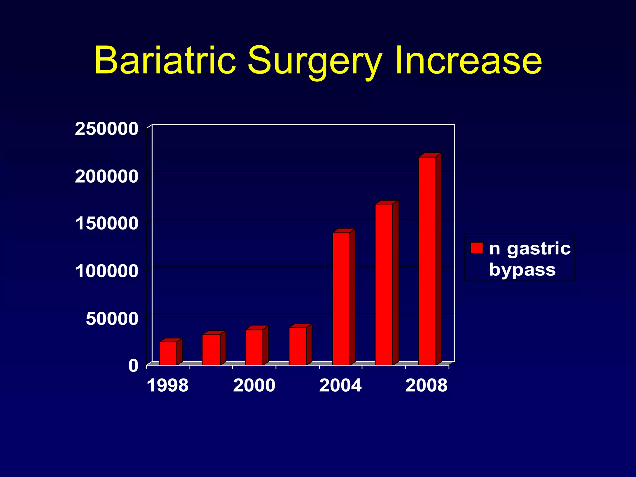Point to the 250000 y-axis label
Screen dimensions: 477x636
pos(107,129)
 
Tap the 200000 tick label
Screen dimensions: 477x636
pos(107,177)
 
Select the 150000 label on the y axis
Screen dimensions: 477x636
pos(107,224)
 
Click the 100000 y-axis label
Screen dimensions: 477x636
pos(107,271)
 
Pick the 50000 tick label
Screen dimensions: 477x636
pos(112,319)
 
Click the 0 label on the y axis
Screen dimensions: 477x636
pos(133,366)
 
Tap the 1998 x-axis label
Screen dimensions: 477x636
pos(167,385)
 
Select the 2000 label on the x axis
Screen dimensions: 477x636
pos(254,385)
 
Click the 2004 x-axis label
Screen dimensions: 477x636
pos(340,385)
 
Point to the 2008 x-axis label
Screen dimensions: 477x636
pos(426,385)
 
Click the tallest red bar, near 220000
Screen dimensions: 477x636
pos(427,261)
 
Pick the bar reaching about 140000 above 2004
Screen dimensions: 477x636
pos(341,298)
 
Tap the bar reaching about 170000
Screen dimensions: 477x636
pos(384,284)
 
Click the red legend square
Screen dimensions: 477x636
pos(477,248)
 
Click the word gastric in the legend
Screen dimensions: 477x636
pos(539,248)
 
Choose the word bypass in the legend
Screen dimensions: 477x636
pos(522,269)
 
